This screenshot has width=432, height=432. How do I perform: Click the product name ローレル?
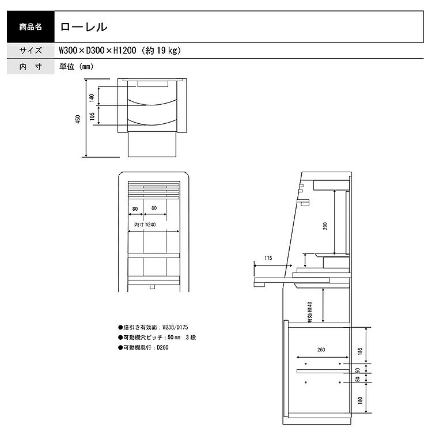84,27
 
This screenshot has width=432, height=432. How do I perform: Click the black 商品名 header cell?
31,26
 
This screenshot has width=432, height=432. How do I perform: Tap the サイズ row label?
31,51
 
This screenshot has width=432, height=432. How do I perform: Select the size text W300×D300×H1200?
97,51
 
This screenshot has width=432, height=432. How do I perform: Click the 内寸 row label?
31,66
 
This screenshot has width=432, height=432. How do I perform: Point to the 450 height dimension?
78,119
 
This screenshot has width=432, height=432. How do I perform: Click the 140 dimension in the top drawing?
92,97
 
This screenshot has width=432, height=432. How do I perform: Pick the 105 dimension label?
92,116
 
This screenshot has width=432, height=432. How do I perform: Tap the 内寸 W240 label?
145,225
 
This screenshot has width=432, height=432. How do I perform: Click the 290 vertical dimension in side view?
325,226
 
